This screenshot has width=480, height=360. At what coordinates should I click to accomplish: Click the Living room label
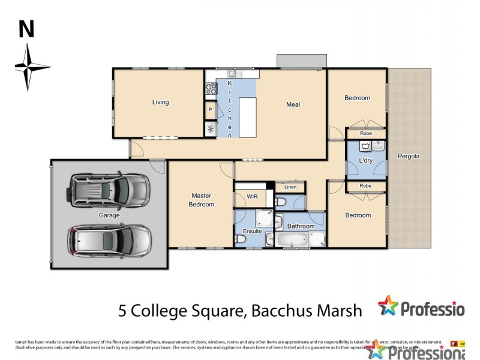click(160, 102)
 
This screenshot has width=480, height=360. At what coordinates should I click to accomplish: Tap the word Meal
click(293, 104)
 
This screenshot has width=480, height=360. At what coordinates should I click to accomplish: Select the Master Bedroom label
click(202, 200)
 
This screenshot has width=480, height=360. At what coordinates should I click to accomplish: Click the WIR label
click(252, 196)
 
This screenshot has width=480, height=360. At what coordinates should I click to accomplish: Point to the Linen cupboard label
click(290, 187)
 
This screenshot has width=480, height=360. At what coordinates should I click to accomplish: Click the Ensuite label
click(252, 230)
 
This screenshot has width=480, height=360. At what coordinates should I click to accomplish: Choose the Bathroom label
click(301, 226)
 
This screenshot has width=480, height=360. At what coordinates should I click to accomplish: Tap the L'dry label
click(366, 161)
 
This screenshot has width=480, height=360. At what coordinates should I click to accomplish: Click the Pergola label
click(409, 157)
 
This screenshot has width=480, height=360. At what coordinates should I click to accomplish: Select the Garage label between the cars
click(109, 215)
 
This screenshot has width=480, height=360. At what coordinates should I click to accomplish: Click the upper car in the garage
click(109, 190)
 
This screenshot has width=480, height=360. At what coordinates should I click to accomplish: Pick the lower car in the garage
click(109, 240)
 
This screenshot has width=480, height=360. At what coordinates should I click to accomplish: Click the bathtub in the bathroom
click(292, 240)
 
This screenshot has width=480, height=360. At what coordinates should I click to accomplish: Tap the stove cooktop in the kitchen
click(211, 89)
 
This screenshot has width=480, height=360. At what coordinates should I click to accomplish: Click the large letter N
click(26, 29)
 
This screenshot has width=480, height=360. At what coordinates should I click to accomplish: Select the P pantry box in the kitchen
click(210, 110)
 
